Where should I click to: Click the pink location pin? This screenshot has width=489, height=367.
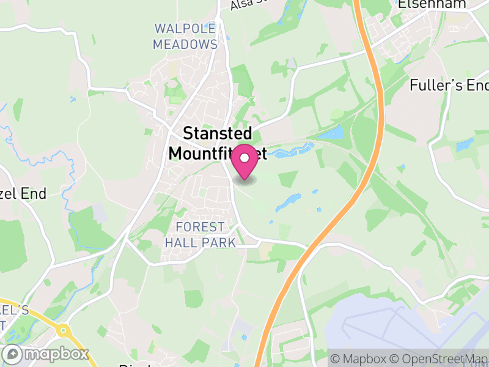pyautogui.click(x=245, y=163)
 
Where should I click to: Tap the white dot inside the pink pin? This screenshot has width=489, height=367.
pyautogui.click(x=245, y=158)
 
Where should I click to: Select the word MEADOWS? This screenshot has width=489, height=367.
pyautogui.click(x=185, y=45)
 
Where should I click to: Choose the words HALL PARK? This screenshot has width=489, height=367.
pyautogui.click(x=200, y=243)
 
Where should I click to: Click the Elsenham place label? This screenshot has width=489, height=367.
pyautogui.click(x=432, y=4)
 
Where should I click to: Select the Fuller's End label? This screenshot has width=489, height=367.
pyautogui.click(x=449, y=86)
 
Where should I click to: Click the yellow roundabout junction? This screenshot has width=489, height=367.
pyautogui.click(x=62, y=330)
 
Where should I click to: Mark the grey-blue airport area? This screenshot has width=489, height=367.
pyautogui.click(x=397, y=330)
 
